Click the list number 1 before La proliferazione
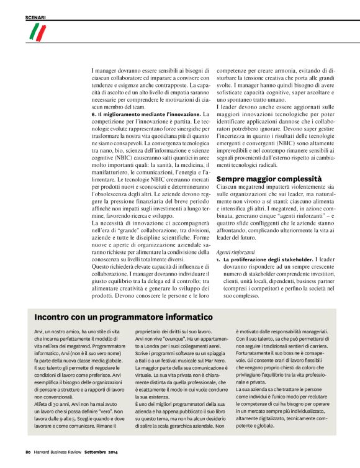pos(218,259)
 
